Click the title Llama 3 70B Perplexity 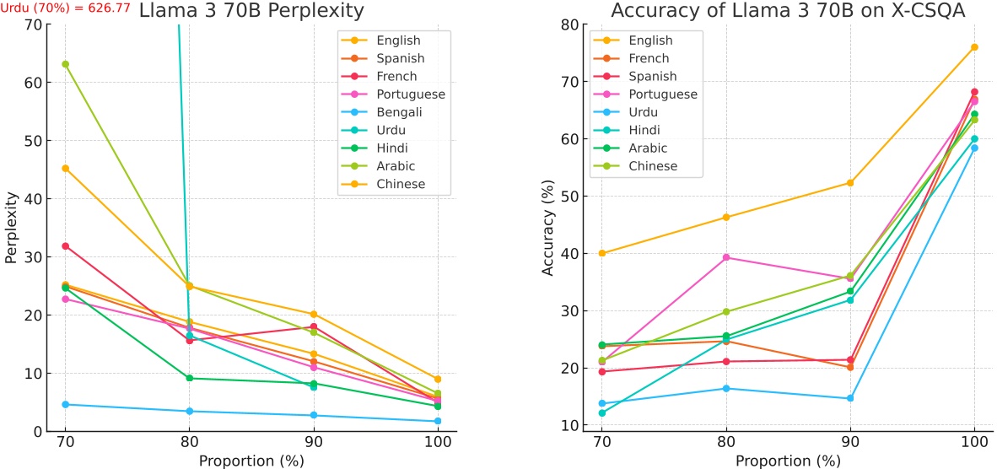tap(251, 11)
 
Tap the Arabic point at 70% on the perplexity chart tap(65, 64)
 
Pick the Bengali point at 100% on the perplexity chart tap(438, 421)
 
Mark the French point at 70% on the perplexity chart tap(65, 246)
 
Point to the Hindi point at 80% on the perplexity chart tap(190, 378)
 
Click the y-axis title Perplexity tap(11, 228)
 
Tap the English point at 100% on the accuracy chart tap(974, 47)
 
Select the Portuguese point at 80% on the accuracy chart tap(725, 257)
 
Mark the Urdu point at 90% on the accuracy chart tap(849, 398)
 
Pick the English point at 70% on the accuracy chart tap(601, 253)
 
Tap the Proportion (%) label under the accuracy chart tap(787, 461)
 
